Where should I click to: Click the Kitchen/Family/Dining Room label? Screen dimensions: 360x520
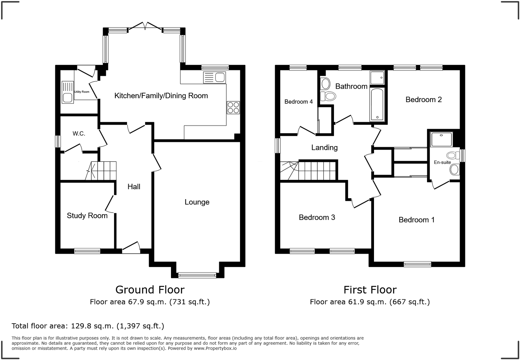161,96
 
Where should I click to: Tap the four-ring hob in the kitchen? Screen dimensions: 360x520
233,107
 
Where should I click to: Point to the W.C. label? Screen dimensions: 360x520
79,133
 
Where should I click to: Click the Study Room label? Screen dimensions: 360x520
87,216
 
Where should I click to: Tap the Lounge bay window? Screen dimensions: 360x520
197,275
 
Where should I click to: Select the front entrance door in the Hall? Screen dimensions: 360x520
131,247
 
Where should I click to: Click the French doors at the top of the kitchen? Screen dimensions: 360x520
145,26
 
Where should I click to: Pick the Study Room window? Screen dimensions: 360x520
87,251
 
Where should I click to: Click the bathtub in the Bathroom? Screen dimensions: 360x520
377,104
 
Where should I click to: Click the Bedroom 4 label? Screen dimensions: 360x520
298,102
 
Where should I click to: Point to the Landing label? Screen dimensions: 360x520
324,147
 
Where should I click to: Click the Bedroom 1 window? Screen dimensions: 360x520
417,264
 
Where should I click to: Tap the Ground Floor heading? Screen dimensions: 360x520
150,290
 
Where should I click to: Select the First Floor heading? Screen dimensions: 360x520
370,290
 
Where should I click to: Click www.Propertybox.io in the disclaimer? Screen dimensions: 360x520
215,348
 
